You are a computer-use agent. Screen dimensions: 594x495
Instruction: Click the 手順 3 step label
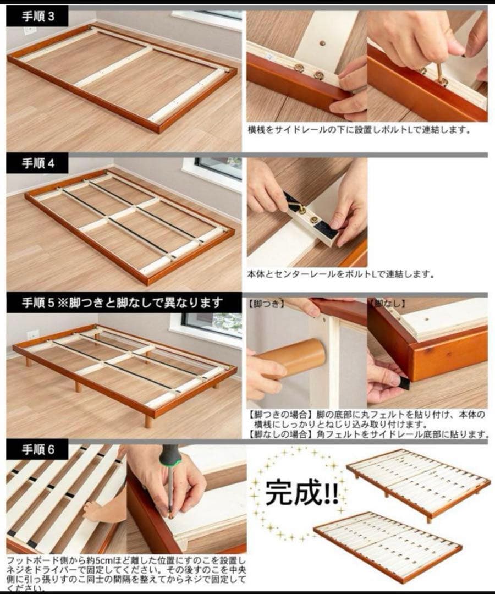[38, 16]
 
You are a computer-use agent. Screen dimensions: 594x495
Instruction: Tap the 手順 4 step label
[38, 163]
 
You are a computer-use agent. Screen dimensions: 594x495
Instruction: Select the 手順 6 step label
[38, 449]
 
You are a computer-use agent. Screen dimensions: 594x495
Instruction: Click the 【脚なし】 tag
[387, 303]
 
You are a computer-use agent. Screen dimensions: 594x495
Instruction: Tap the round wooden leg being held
[297, 358]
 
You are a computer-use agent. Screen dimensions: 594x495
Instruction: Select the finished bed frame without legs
[388, 544]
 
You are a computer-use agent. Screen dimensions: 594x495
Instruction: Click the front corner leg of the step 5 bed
[148, 421]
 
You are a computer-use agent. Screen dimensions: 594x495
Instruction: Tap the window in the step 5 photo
[211, 324]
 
